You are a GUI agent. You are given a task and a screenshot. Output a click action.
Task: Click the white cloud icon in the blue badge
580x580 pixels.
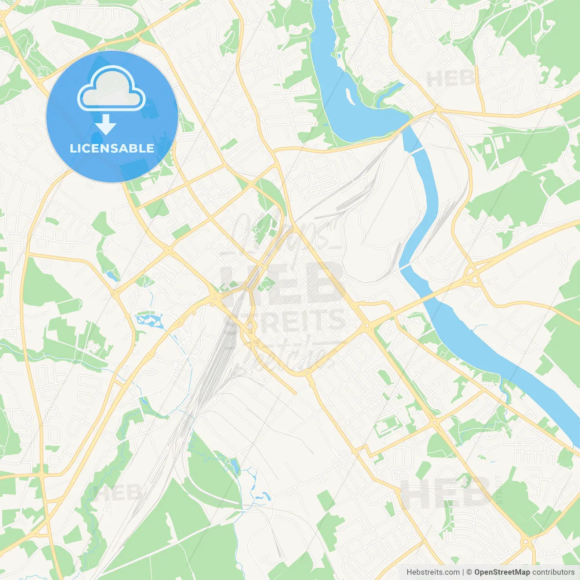pyautogui.click(x=111, y=89)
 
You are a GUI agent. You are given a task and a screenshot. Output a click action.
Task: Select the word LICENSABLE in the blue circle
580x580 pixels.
pyautogui.click(x=112, y=148)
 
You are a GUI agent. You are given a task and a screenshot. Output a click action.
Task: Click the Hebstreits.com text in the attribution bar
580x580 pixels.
pyautogui.click(x=433, y=572)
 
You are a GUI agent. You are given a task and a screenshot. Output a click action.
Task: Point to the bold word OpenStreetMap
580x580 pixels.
pyautogui.click(x=502, y=572)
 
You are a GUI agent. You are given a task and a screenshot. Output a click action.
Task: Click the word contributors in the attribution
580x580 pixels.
pyautogui.click(x=553, y=572)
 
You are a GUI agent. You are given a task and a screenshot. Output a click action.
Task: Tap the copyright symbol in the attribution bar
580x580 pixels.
pyautogui.click(x=469, y=572)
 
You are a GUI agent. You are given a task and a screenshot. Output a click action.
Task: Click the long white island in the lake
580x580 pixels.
pyautogui.click(x=350, y=96)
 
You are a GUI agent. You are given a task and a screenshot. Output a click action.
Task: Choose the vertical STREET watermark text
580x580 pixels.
pyautogui.click(x=499, y=490)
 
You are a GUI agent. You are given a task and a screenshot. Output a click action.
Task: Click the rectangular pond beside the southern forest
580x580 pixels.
pyautogui.click(x=235, y=465)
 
